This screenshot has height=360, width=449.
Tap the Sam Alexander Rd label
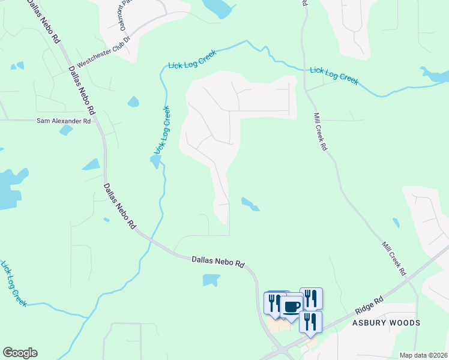[64, 121]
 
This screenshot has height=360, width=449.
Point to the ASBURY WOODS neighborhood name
[386, 323]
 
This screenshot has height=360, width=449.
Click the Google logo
[20, 353]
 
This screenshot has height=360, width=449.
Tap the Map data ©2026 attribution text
[423, 355]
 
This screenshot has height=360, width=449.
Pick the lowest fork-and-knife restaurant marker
[310, 321]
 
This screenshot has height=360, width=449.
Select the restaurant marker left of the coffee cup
[273, 303]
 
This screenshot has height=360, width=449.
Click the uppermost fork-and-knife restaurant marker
[310, 298]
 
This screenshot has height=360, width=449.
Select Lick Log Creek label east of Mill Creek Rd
[334, 76]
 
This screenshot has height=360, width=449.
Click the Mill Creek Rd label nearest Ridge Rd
[393, 259]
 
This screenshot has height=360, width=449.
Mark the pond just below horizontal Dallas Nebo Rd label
[211, 280]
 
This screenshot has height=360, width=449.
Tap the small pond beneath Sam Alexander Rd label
[65, 130]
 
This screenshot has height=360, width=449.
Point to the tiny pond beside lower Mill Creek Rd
[396, 223]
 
